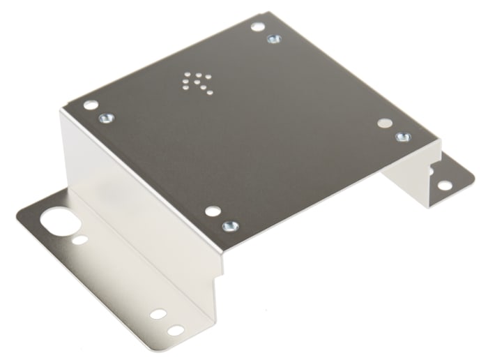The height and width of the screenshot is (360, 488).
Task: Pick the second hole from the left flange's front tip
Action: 157,315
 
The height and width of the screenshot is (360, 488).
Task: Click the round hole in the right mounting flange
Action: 443,185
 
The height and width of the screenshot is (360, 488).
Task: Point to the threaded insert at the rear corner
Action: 273,39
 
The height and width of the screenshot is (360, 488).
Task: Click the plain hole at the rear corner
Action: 257,27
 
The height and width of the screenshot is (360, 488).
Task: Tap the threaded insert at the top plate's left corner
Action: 106,118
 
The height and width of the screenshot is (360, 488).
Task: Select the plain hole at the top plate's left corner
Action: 90,105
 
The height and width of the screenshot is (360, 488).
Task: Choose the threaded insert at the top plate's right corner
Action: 402,136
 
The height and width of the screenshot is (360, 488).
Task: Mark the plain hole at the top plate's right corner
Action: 384,123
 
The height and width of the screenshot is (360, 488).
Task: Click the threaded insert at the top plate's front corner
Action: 228,226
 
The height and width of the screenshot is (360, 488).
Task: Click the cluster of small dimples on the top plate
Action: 198,81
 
